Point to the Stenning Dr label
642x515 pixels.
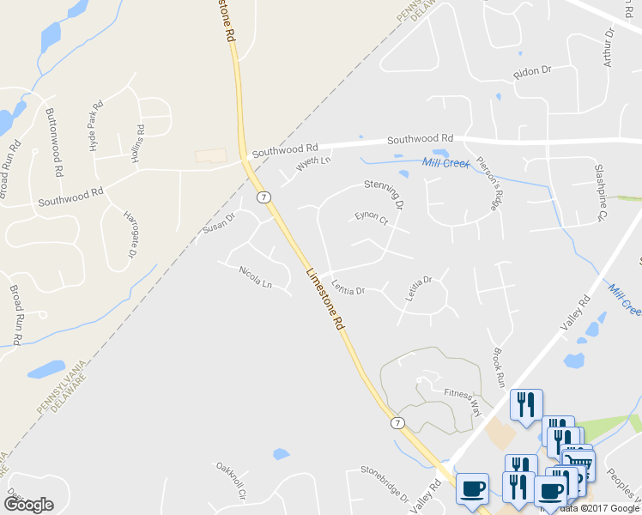[384, 193]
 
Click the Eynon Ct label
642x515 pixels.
[372, 218]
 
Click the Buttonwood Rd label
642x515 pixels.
[53, 142]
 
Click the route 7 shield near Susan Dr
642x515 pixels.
[263, 197]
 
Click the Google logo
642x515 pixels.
[28, 505]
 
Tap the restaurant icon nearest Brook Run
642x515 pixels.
[524, 403]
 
